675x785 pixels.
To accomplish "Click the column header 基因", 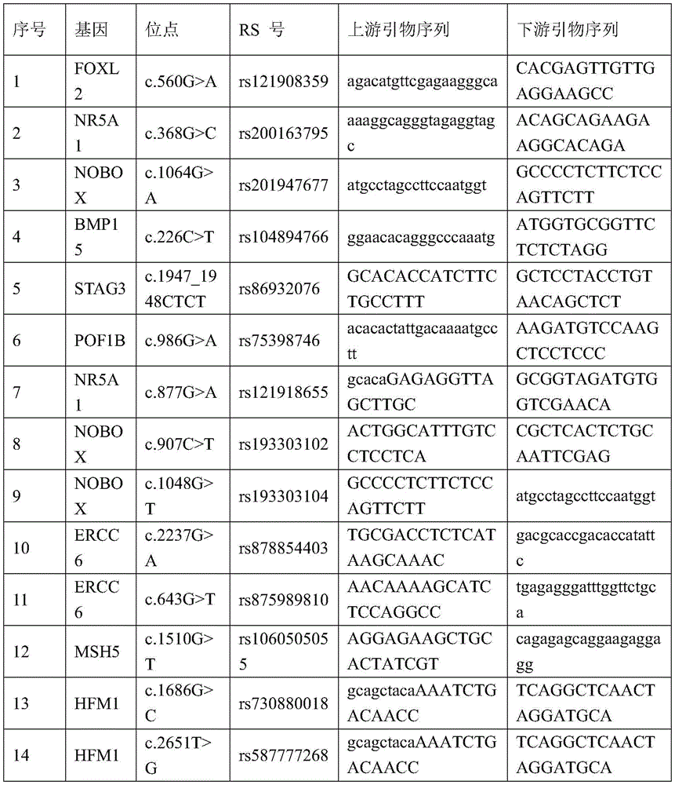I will (91, 30).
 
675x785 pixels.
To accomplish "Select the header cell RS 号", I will (262, 30).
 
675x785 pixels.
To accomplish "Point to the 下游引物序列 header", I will (568, 30).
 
